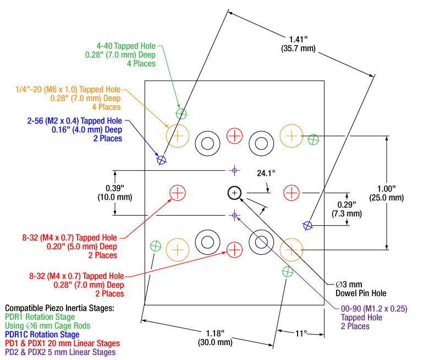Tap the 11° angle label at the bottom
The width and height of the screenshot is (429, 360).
[301, 333]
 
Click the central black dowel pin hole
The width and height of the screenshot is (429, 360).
[235, 192]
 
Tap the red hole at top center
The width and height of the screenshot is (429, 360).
[235, 135]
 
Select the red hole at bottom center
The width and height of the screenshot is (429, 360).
[235, 249]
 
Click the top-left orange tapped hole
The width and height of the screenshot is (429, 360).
[177, 135]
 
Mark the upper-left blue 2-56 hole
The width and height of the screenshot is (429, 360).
[162, 160]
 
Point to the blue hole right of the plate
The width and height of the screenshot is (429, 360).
[308, 225]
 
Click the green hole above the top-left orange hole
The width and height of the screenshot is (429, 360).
[182, 114]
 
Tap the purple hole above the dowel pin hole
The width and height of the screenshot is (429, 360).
[235, 170]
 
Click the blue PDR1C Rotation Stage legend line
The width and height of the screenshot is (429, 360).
[42, 334]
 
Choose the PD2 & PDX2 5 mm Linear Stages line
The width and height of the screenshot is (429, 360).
[61, 352]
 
